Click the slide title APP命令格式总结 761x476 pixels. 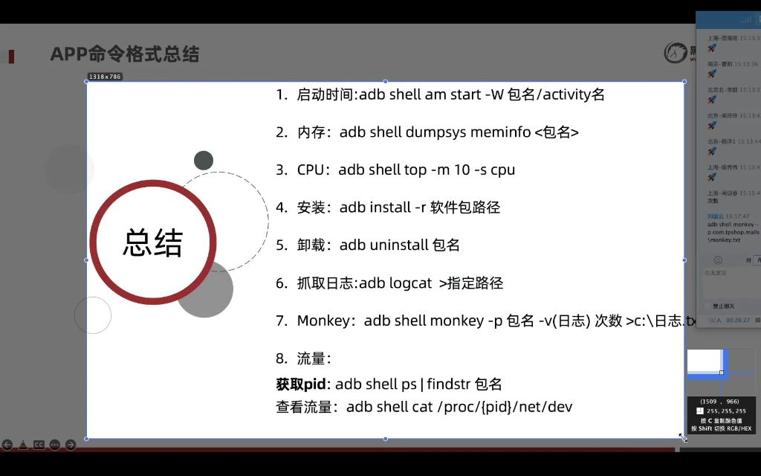[125, 54]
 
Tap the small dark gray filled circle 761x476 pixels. [204, 160]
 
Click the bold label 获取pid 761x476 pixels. [302, 384]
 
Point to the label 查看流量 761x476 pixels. [307, 407]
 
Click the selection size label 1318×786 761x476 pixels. [105, 77]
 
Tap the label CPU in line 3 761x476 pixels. [311, 170]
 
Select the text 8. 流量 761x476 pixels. [302, 358]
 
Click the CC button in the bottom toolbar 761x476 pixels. [39, 445]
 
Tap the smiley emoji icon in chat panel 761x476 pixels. [717, 260]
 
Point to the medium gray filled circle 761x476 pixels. [204, 289]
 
